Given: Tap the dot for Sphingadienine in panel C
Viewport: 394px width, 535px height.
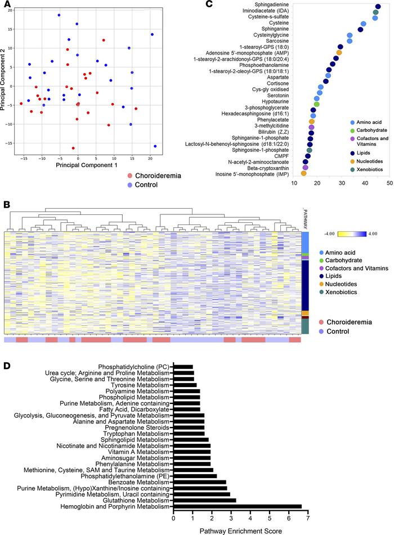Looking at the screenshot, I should [378, 7].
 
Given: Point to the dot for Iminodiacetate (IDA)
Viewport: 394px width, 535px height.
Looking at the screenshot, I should [375, 12].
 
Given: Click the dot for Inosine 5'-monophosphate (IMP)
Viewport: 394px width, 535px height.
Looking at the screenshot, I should [303, 173].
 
